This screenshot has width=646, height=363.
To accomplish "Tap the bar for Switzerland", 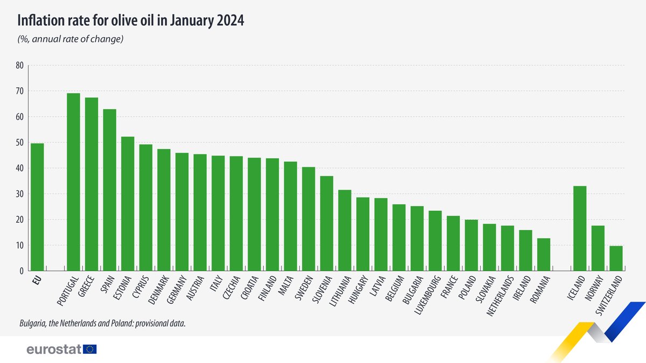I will [616, 258].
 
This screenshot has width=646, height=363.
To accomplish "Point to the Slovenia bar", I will [327, 223].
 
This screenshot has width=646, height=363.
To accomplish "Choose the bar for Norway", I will [598, 248].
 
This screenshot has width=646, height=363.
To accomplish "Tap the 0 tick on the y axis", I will [22, 271].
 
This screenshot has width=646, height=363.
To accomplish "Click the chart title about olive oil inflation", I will [131, 20].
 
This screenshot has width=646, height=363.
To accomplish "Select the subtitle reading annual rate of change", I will [71, 39].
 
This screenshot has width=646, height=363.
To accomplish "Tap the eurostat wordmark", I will [54, 350].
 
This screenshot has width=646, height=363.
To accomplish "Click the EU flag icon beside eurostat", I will [90, 350].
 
